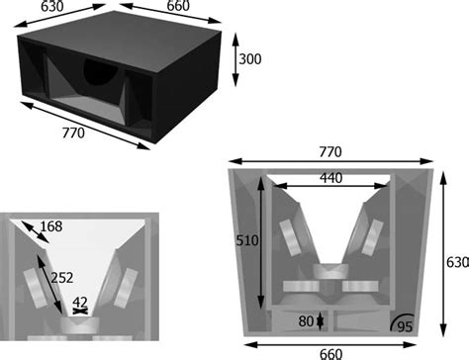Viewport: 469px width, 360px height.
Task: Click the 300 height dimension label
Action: coord(250,60)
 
